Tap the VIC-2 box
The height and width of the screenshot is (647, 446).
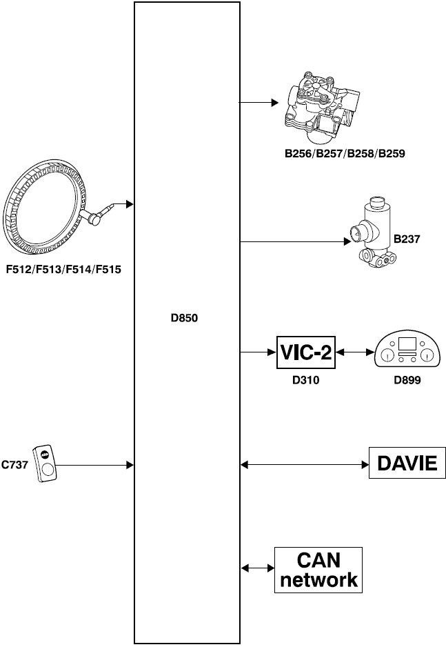[x=305, y=353]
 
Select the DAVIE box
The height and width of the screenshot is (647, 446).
[x=407, y=464]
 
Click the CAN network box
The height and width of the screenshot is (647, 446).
[x=318, y=569]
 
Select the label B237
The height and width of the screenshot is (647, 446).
[x=407, y=239]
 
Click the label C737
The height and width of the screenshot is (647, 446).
[x=14, y=465]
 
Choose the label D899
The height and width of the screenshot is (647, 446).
[x=407, y=379]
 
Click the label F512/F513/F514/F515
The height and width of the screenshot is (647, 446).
[x=63, y=269]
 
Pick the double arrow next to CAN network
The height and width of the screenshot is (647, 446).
[x=255, y=569]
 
